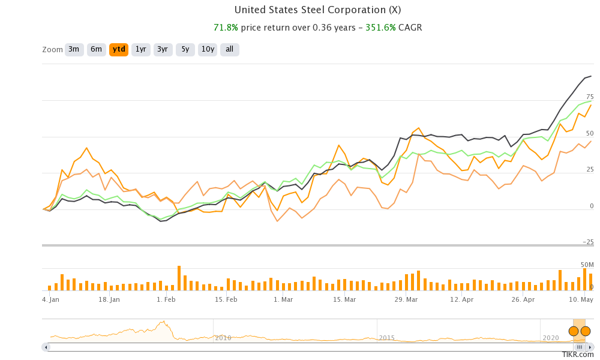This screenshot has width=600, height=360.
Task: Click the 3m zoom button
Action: tap(74, 49)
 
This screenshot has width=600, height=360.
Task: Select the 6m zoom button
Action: tap(97, 49)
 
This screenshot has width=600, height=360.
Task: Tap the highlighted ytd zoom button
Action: tap(119, 49)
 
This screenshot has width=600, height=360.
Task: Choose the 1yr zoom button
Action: tap(141, 49)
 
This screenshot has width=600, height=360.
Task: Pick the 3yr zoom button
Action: tap(163, 49)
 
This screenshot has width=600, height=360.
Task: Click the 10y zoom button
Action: tap(208, 49)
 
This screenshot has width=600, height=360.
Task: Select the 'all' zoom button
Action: tap(229, 49)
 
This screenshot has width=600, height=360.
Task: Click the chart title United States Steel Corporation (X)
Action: tap(317, 10)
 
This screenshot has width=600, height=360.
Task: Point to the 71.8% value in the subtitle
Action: tap(226, 28)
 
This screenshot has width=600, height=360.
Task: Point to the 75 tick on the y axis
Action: tap(590, 97)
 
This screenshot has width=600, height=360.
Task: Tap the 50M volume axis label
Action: tap(586, 265)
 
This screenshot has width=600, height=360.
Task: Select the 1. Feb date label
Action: tap(166, 299)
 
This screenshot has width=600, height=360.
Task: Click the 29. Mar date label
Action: tap(406, 299)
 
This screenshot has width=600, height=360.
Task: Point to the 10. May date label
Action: tap(581, 299)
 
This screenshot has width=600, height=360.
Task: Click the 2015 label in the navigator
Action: tap(387, 338)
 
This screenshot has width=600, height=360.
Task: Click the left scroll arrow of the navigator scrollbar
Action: tap(46, 347)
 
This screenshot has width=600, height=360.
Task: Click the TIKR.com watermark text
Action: tap(574, 355)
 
